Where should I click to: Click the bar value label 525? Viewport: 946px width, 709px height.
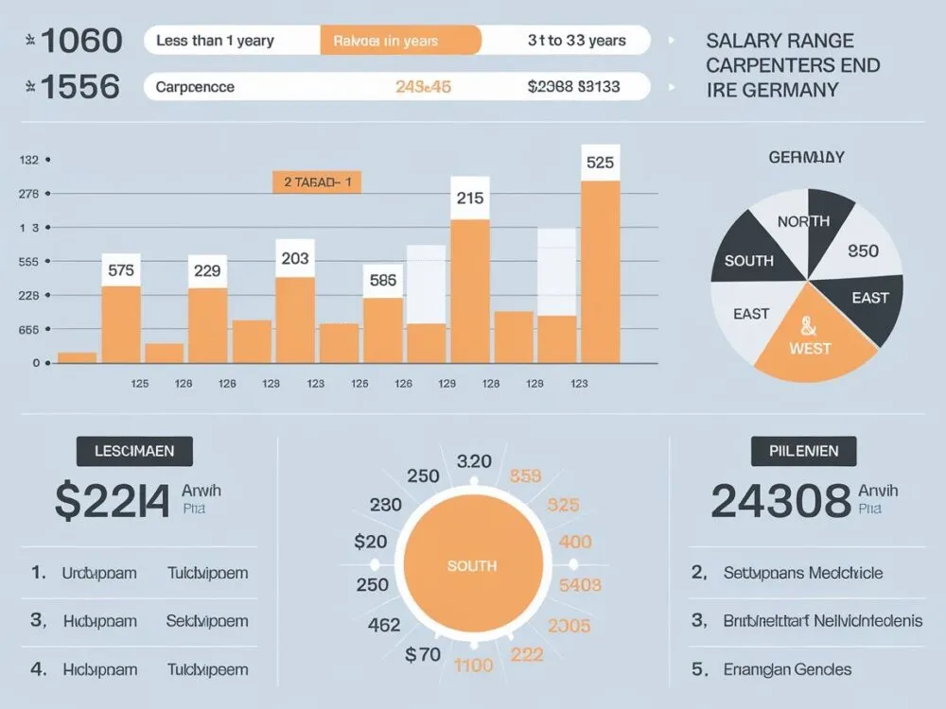tap(601, 162)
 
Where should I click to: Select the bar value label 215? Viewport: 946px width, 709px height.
tap(470, 199)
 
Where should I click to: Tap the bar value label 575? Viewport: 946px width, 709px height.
tap(121, 269)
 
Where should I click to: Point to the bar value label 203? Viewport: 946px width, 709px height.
tap(295, 257)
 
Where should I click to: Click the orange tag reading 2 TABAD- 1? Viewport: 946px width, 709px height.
tap(318, 182)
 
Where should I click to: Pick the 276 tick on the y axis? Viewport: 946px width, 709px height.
tap(28, 194)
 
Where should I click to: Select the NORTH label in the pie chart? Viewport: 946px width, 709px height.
tap(803, 221)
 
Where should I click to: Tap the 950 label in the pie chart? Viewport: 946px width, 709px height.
tap(863, 251)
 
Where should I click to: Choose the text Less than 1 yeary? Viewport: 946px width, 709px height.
tap(215, 41)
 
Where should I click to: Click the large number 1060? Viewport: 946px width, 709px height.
tap(83, 41)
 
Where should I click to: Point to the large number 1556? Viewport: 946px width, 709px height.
tap(81, 87)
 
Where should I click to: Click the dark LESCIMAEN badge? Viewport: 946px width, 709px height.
tap(133, 451)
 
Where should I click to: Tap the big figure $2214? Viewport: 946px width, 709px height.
tap(112, 501)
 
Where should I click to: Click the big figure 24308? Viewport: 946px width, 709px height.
tap(780, 501)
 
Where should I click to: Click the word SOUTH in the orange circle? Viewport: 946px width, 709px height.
tap(471, 565)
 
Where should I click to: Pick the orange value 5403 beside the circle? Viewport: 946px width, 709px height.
tap(580, 585)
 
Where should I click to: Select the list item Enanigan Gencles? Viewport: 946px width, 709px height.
tap(787, 669)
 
